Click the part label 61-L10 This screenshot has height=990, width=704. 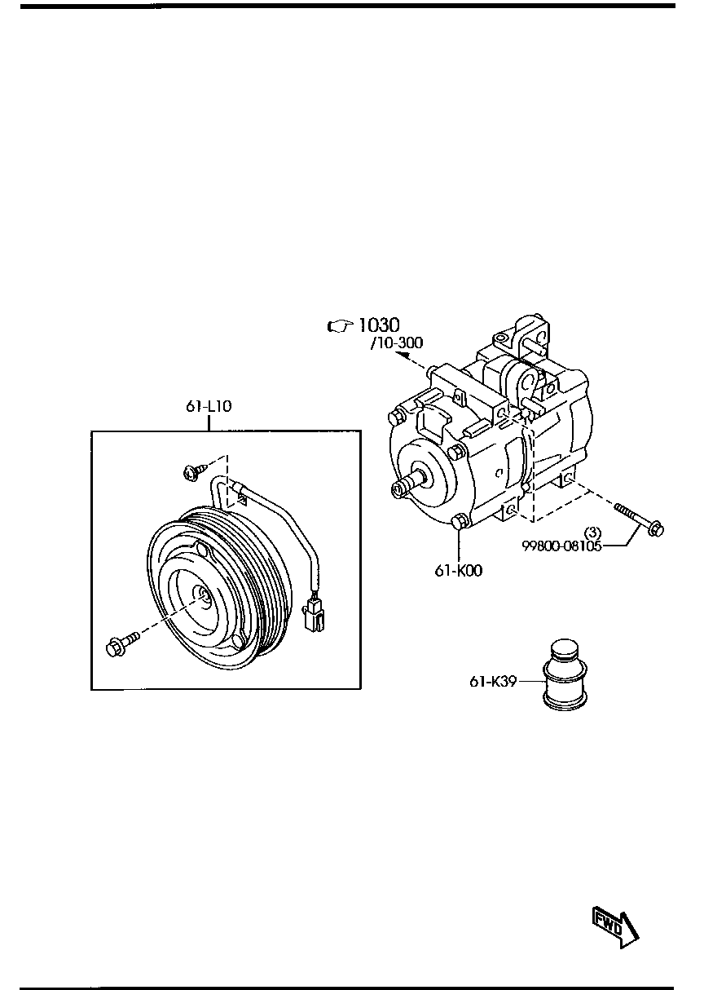[209, 406]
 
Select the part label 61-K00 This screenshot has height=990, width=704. [458, 571]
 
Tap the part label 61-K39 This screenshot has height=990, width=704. [493, 682]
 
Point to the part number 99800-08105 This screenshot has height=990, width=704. [561, 546]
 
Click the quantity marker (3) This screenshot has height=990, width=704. [593, 533]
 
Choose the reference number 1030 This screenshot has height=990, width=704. [378, 325]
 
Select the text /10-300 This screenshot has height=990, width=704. [396, 343]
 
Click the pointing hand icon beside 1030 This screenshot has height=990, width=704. [338, 326]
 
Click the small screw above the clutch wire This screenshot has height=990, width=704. [195, 471]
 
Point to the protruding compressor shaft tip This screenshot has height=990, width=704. [398, 488]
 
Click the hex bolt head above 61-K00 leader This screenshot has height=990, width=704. [458, 521]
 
